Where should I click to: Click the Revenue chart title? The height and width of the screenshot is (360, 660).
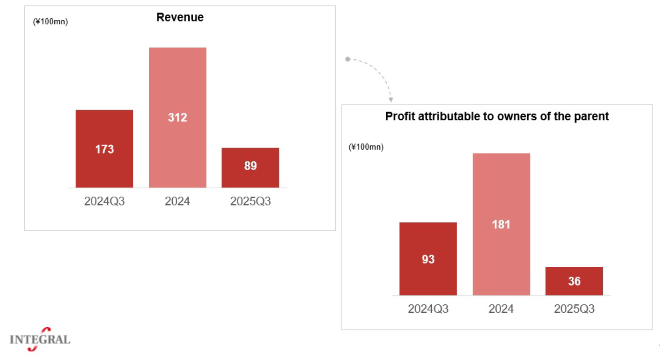point(180,17)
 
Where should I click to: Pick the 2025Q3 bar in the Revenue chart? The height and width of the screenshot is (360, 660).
point(250,176)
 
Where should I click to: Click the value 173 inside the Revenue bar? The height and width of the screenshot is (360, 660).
point(104,149)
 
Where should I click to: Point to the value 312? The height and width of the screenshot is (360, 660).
point(177,117)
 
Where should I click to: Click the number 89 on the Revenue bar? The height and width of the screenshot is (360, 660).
point(250,166)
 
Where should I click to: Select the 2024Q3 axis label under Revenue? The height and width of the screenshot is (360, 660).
point(104,201)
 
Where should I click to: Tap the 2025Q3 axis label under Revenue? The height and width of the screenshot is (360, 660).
point(250,201)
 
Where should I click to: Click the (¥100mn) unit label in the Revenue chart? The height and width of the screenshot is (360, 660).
point(50,22)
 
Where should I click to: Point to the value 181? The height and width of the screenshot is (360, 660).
point(501,224)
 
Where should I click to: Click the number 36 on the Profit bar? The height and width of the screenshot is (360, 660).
point(574,281)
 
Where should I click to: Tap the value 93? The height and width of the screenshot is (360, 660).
point(428,259)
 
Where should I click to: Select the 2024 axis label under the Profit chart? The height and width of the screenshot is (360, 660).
point(501,309)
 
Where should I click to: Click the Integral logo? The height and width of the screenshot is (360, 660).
point(40,340)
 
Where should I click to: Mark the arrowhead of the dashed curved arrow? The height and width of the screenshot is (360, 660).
point(391,100)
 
